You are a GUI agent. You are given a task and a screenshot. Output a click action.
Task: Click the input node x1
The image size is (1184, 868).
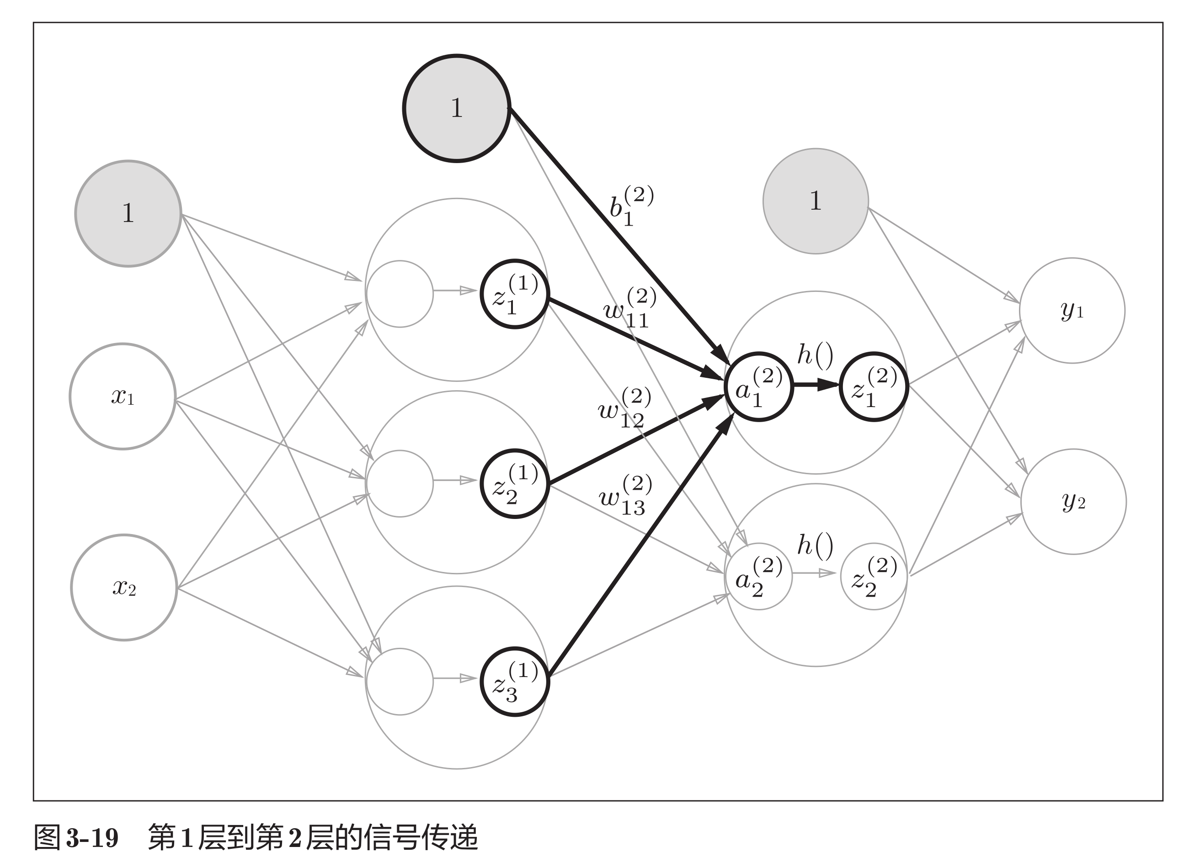[123, 396]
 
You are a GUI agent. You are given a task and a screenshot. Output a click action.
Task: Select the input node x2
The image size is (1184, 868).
[124, 587]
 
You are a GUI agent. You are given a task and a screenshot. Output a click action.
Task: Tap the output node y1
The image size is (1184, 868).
[1072, 311]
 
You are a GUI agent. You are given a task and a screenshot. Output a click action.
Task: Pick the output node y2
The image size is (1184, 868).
[1073, 502]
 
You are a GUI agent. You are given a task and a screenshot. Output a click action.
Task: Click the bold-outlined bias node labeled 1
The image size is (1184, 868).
[456, 108]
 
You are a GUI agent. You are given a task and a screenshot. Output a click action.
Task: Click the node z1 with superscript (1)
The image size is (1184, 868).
[515, 294]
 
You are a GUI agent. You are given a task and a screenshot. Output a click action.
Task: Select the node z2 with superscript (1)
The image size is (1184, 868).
[515, 484]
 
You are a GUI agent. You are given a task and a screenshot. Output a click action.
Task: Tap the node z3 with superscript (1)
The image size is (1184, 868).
[515, 682]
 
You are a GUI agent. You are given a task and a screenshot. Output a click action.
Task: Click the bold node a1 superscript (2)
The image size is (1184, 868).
[759, 386]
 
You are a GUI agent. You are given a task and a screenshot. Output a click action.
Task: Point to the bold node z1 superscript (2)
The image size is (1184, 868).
[874, 386]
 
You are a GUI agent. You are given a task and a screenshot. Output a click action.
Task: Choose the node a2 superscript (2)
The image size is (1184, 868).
[759, 577]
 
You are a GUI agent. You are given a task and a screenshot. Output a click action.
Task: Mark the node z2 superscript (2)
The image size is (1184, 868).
[874, 577]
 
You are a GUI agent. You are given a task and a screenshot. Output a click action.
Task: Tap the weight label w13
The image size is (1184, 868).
[625, 496]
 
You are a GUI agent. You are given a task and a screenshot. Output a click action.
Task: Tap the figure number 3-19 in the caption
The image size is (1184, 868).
[92, 837]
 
